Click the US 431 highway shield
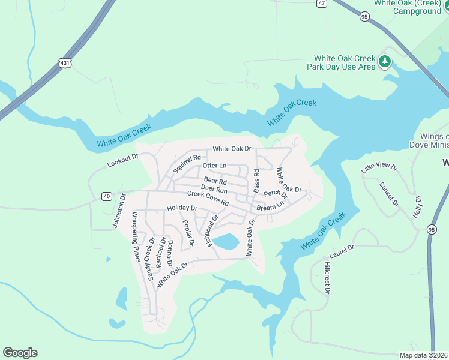(65, 62)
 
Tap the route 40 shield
(106, 196)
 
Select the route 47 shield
(322, 3)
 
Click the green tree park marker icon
(384, 62)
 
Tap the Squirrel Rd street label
(187, 162)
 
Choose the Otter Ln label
(214, 166)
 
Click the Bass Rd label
(256, 181)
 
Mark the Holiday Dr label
(182, 208)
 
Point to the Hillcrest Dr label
(327, 277)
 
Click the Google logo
(20, 353)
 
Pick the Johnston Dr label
(118, 210)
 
